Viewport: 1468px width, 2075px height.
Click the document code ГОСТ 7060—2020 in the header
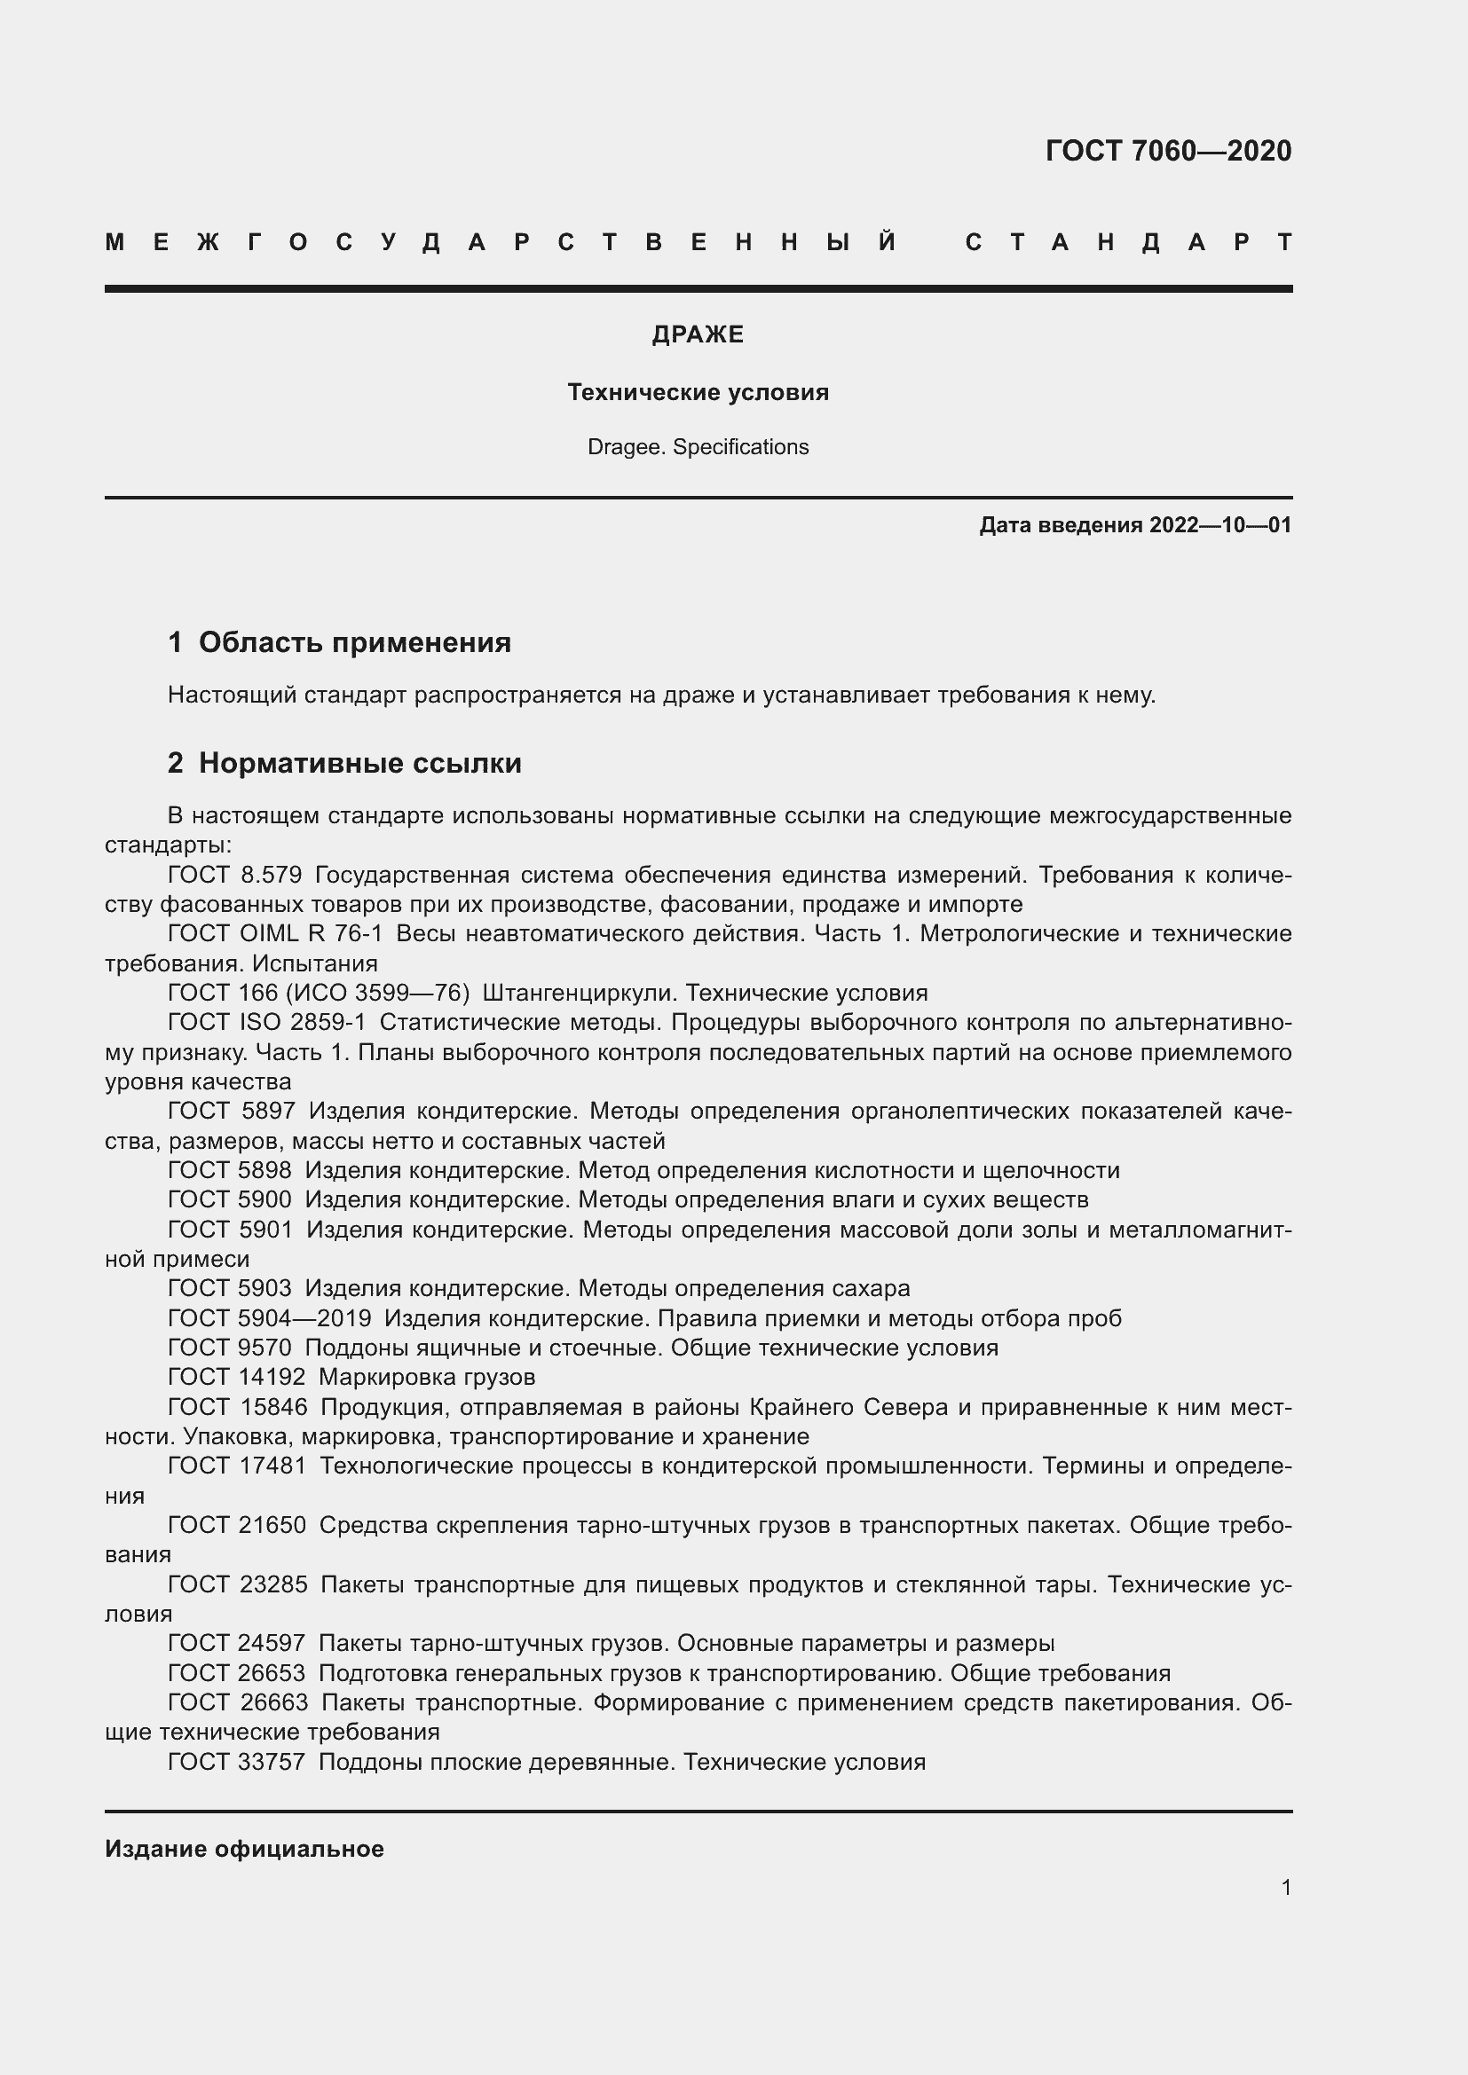[x=1168, y=151]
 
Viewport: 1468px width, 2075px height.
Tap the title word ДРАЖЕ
[x=698, y=334]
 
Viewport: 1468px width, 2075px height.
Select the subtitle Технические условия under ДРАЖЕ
[x=698, y=392]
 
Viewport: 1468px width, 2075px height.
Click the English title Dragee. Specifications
[x=698, y=446]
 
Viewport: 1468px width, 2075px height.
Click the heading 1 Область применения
[x=339, y=642]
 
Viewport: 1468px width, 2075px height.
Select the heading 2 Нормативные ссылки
[x=344, y=764]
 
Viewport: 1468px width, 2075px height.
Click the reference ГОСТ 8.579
[x=234, y=875]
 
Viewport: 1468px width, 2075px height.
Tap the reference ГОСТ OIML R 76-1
[x=275, y=933]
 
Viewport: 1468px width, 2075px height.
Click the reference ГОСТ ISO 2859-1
[x=266, y=1022]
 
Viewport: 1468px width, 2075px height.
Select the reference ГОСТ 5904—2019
[x=270, y=1318]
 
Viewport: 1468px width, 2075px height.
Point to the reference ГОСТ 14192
[x=237, y=1378]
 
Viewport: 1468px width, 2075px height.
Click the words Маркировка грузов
[x=427, y=1378]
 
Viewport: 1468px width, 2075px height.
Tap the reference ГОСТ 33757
[x=237, y=1762]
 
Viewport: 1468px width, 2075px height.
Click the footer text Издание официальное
[x=244, y=1849]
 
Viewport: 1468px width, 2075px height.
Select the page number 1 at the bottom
[x=1285, y=1887]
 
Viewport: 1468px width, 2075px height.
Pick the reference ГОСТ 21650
[x=237, y=1526]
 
